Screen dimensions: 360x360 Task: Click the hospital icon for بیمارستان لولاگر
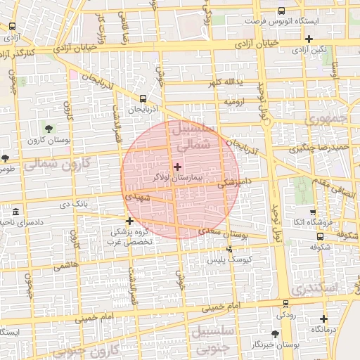click(177, 167)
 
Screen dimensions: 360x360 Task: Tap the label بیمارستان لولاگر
click(177, 179)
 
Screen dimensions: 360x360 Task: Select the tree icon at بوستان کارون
click(49, 128)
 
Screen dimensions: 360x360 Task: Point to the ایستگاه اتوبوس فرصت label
click(281, 22)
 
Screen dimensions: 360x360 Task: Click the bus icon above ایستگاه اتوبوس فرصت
click(282, 11)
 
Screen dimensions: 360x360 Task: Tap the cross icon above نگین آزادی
click(309, 38)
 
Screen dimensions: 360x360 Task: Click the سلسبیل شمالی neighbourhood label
click(200, 138)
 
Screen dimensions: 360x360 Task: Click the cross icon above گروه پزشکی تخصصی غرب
click(129, 221)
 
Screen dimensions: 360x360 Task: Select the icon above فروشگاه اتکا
click(313, 212)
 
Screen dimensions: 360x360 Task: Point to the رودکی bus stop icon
click(285, 304)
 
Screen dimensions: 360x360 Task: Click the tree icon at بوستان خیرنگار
click(275, 333)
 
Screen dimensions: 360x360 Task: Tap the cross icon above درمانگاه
click(323, 318)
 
